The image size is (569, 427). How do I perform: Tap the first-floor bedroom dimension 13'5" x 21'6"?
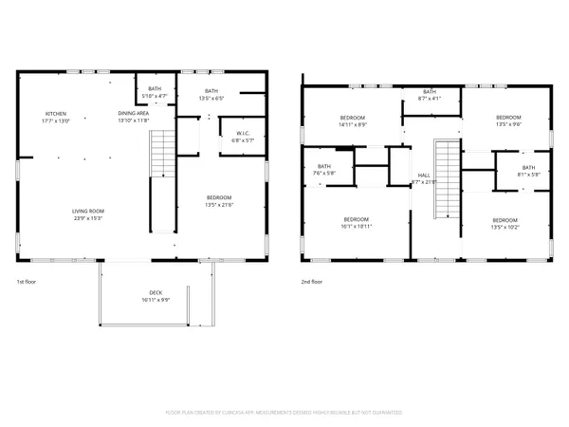[x=220, y=204]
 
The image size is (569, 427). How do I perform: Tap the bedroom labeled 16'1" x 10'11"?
[x=356, y=223]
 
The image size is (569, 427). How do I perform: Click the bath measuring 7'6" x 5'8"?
[x=323, y=171]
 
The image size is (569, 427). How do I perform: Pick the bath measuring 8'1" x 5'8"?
[x=527, y=171]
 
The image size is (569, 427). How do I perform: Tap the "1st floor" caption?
[x=26, y=282]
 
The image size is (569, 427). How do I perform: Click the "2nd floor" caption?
[x=312, y=282]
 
